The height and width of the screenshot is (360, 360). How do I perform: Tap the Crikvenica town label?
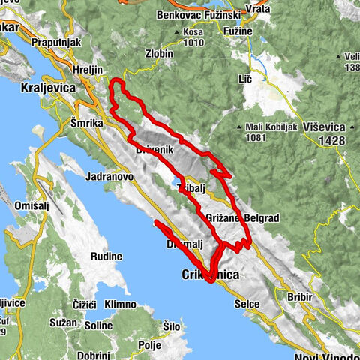[211, 276]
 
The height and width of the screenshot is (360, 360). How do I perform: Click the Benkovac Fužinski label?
[188, 14]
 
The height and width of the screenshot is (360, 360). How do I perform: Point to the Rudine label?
[106, 256]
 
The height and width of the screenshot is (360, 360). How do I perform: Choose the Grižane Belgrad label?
[241, 218]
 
